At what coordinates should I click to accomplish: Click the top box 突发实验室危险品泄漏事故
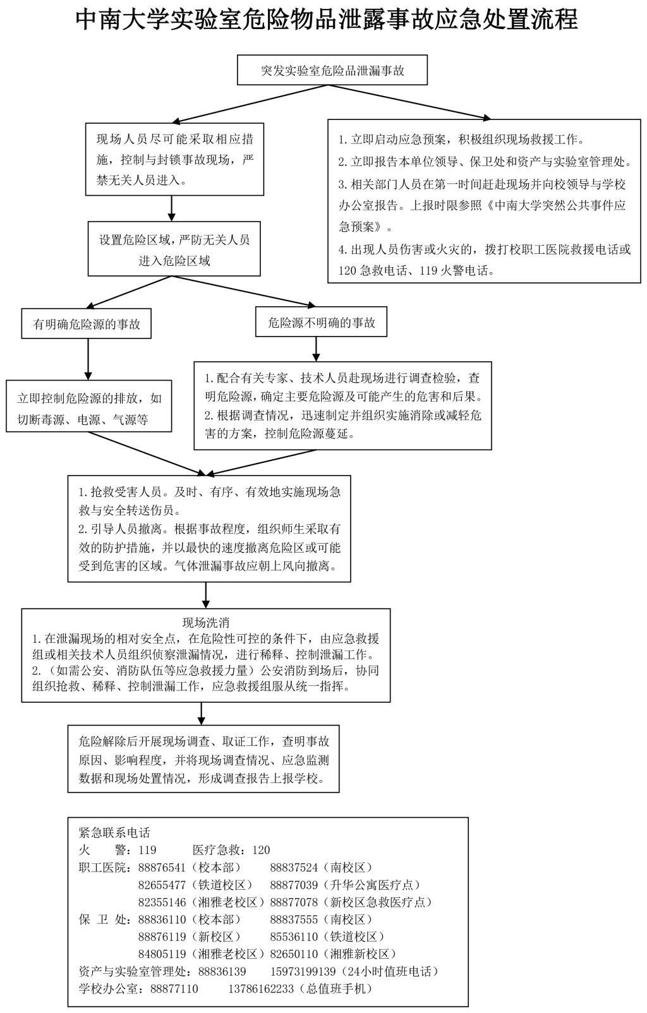[332, 70]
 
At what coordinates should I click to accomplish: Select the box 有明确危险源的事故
[87, 324]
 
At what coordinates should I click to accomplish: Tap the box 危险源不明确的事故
[321, 323]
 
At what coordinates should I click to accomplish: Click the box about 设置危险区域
[174, 249]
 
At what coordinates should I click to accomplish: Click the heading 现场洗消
[205, 623]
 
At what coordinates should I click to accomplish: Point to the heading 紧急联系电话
[114, 832]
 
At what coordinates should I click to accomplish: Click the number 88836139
[222, 971]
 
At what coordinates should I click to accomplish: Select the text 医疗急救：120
[231, 850]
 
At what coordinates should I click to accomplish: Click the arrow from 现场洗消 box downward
[202, 713]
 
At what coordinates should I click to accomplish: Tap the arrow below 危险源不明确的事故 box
[316, 349]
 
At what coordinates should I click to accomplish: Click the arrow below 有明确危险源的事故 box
[87, 359]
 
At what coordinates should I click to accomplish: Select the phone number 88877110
[174, 988]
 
